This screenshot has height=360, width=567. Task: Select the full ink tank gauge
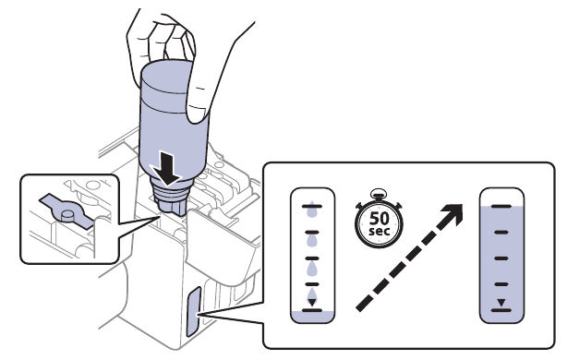point(501,256)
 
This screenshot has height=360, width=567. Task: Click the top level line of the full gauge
point(501,206)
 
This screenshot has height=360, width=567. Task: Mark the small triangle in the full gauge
point(501,301)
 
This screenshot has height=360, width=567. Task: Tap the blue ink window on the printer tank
point(193,311)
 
